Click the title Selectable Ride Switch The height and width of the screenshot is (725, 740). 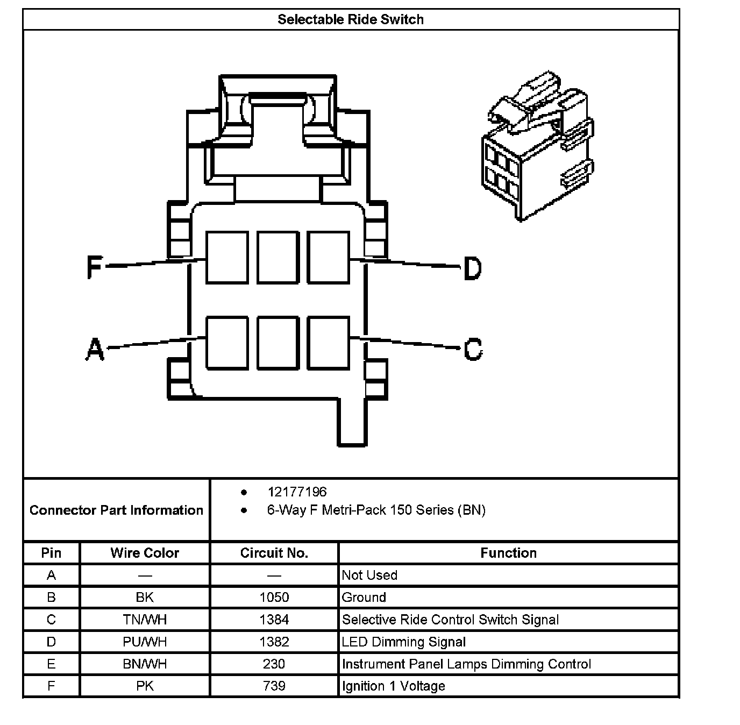pyautogui.click(x=351, y=20)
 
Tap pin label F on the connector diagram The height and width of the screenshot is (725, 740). pyautogui.click(x=95, y=267)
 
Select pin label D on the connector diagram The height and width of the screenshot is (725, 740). pyautogui.click(x=472, y=268)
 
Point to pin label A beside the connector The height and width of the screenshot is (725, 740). pyautogui.click(x=95, y=349)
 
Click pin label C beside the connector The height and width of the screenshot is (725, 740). pyautogui.click(x=473, y=349)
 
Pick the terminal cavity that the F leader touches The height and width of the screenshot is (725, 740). pyautogui.click(x=227, y=257)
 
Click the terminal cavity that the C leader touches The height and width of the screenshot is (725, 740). pyautogui.click(x=328, y=343)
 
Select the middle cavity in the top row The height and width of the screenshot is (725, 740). pyautogui.click(x=277, y=257)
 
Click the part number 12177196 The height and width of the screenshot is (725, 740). pyautogui.click(x=297, y=492)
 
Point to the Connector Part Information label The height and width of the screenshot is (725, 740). pyautogui.click(x=116, y=510)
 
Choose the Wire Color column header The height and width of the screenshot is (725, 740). pyautogui.click(x=145, y=553)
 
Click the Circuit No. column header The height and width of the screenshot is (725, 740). pyautogui.click(x=274, y=553)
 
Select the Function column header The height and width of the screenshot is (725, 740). pyautogui.click(x=508, y=553)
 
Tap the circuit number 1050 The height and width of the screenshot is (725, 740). pyautogui.click(x=274, y=598)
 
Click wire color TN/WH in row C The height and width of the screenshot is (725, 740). pyautogui.click(x=145, y=620)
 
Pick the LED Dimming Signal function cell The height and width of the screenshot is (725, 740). pyautogui.click(x=404, y=642)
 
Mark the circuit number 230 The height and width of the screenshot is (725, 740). pyautogui.click(x=274, y=664)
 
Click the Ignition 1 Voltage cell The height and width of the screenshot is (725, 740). pyautogui.click(x=394, y=686)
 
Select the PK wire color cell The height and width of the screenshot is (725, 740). pyautogui.click(x=145, y=686)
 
